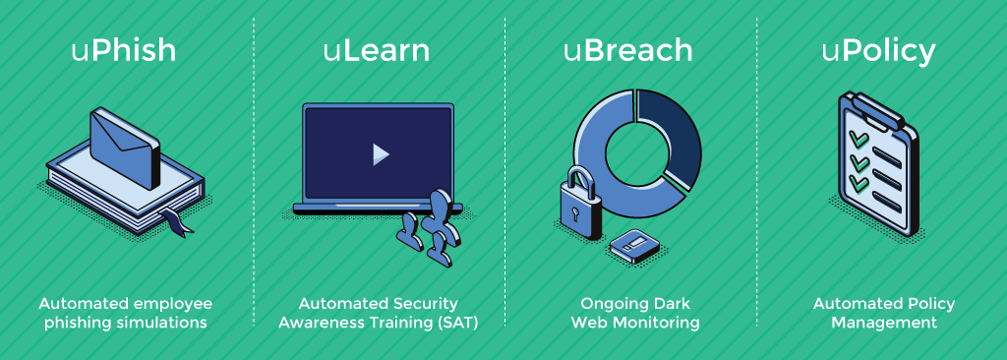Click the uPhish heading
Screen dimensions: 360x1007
(x=124, y=50)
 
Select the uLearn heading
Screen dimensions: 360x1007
(x=377, y=50)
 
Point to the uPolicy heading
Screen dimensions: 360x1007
(x=878, y=50)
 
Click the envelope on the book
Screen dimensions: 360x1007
(x=124, y=149)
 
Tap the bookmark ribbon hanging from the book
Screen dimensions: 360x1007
(x=180, y=224)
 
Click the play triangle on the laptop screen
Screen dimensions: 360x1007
(x=380, y=154)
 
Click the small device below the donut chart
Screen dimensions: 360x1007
(x=631, y=243)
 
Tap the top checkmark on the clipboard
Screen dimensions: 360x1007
(x=859, y=141)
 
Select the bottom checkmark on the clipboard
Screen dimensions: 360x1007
(x=859, y=184)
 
